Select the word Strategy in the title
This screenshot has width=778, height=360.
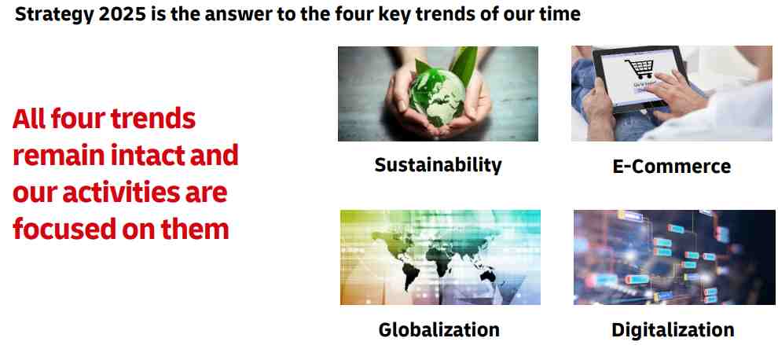(x=54, y=15)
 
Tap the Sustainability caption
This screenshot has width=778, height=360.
(x=439, y=165)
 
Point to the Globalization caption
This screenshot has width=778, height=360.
(x=439, y=329)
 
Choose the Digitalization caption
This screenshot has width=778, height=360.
(x=673, y=329)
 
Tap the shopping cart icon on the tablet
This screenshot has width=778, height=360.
(x=640, y=68)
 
